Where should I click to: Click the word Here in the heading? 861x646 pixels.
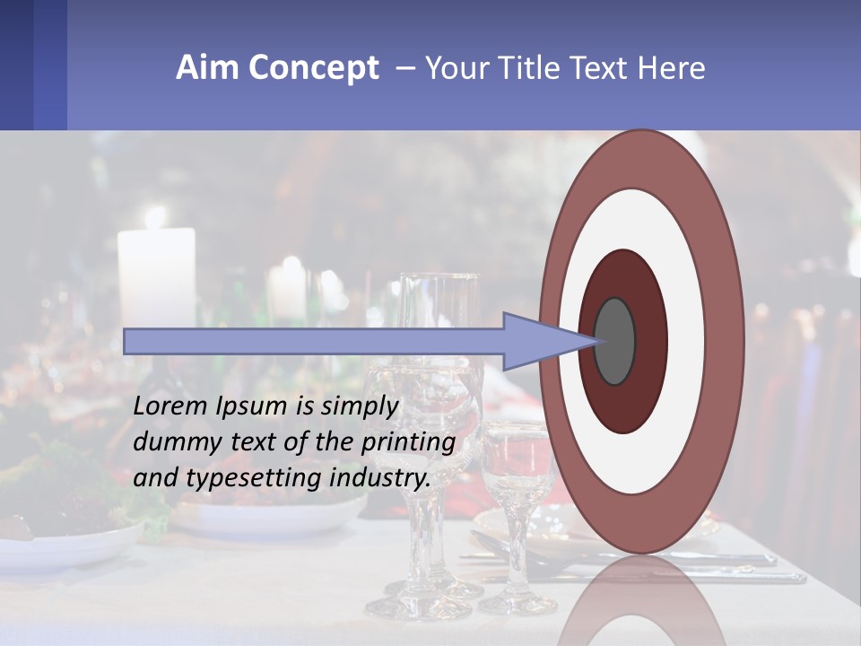[x=673, y=68]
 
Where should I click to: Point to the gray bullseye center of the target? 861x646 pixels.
[x=615, y=341]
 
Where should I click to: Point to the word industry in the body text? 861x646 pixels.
[x=380, y=478]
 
